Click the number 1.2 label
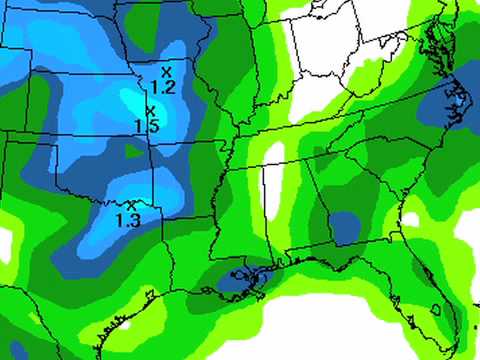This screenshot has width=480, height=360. (164, 87)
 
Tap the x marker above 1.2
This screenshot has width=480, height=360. (166, 71)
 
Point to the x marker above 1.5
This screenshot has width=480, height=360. (150, 110)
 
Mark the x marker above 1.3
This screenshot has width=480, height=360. (130, 205)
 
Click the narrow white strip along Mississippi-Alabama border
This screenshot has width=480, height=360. (271, 185)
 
